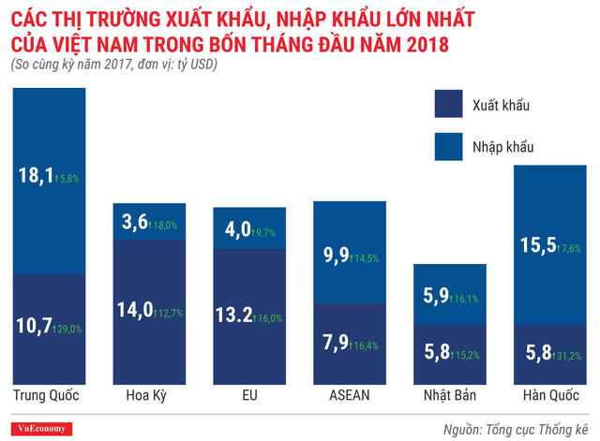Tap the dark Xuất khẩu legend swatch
pos(453,104)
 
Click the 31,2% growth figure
pos(568,357)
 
